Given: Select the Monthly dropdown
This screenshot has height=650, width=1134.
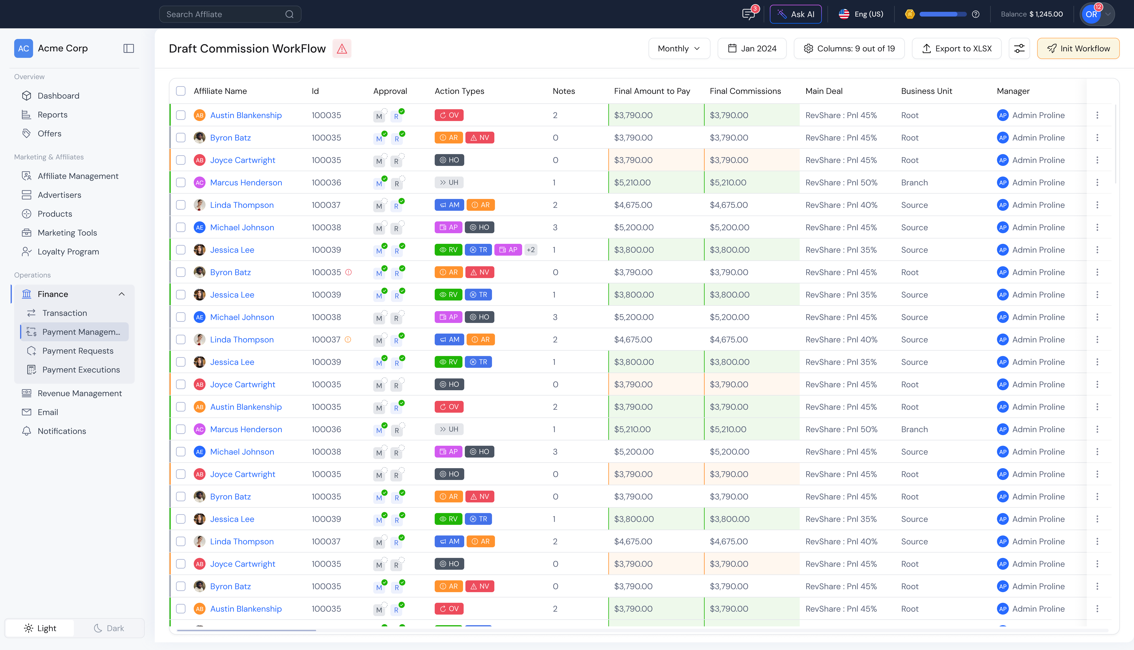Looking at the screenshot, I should [x=678, y=48].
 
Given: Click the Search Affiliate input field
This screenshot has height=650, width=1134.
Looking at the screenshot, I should [x=223, y=14].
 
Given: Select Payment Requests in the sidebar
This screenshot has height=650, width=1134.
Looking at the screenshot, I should [x=78, y=351].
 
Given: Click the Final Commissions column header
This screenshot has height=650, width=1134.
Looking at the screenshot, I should [x=745, y=91].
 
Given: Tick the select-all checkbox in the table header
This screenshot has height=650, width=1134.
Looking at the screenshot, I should [x=180, y=91].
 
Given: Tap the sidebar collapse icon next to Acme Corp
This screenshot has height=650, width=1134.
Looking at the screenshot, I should [x=129, y=48].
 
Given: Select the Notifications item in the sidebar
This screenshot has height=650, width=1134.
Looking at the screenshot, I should [x=62, y=431].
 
